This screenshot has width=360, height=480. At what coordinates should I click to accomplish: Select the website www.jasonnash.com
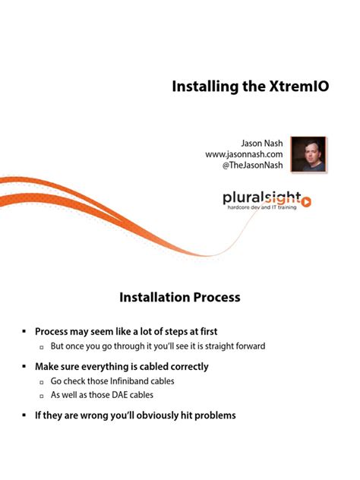pyautogui.click(x=244, y=154)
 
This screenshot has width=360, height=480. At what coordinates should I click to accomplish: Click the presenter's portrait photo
pyautogui.click(x=308, y=154)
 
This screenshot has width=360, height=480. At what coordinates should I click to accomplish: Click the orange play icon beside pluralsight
pyautogui.click(x=307, y=201)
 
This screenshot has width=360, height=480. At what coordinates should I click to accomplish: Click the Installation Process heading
pyautogui.click(x=180, y=297)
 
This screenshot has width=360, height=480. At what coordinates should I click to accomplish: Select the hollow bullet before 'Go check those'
pyautogui.click(x=42, y=381)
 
